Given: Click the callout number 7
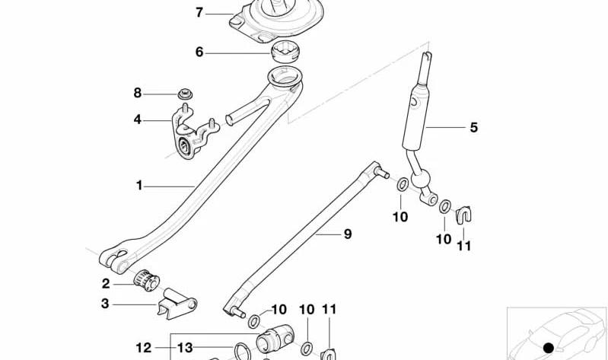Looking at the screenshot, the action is [199, 13].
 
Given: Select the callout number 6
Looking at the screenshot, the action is [199, 52].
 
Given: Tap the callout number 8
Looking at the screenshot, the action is [138, 93].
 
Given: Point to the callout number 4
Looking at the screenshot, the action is [137, 119].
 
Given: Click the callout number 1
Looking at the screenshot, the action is [139, 186].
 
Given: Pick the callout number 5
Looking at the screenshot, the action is [474, 127].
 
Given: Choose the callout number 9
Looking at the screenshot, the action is [348, 234].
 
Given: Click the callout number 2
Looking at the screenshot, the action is [106, 284].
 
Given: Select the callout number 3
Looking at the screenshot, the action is [105, 304].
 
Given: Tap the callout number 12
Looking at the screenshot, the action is [144, 348].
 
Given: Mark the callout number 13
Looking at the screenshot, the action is [185, 348].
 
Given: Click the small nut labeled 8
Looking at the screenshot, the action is [186, 94].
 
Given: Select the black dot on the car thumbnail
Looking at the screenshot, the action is [549, 348].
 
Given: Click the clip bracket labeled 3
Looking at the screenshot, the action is [177, 304].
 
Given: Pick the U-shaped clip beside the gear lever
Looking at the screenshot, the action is [463, 215].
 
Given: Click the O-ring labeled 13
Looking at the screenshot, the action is [242, 352].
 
